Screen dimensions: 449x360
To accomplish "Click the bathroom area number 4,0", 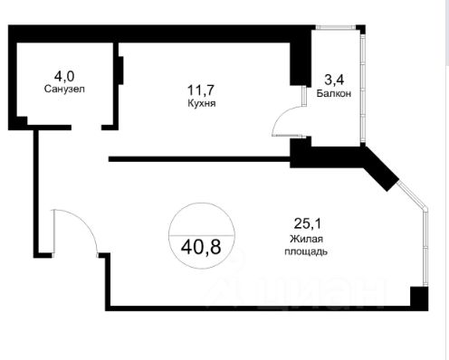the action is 64,76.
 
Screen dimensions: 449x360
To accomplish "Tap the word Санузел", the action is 64,89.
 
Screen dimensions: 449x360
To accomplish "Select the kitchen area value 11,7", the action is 201,90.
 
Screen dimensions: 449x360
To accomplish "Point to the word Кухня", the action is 202,103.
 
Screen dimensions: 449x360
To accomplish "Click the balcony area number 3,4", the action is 334,80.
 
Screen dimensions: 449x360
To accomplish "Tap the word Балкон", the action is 334,93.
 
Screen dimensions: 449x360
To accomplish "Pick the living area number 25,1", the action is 308,223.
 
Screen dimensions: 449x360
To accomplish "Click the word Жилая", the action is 306,239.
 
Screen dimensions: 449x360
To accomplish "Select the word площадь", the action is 306,251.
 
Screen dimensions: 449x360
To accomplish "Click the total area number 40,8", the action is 201,247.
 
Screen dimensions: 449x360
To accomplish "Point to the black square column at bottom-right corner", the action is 419,297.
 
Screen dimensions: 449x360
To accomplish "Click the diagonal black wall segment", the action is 379,168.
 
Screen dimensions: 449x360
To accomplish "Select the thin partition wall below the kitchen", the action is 199,159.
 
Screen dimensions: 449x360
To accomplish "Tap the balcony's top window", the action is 336,27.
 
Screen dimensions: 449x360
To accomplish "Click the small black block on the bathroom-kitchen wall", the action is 120,71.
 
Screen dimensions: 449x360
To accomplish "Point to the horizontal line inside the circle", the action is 202,234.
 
